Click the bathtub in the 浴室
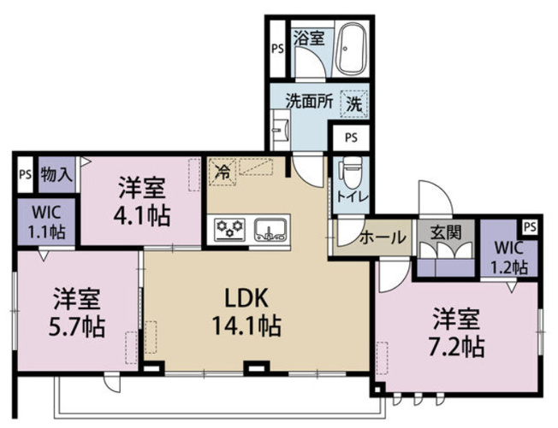click(x=352, y=50)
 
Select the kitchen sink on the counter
click(x=270, y=229)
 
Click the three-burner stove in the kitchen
click(x=230, y=229)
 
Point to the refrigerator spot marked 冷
click(x=223, y=173)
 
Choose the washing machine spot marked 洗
click(x=353, y=103)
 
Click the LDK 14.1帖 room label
click(x=246, y=312)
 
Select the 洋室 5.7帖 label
click(x=76, y=313)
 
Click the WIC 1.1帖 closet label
click(x=46, y=222)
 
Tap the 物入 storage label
click(x=56, y=174)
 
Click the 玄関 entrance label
click(x=446, y=232)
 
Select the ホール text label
click(x=383, y=237)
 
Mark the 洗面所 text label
click(x=310, y=102)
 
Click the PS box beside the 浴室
click(x=277, y=49)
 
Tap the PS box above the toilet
click(x=351, y=138)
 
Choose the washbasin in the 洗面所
click(x=281, y=129)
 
